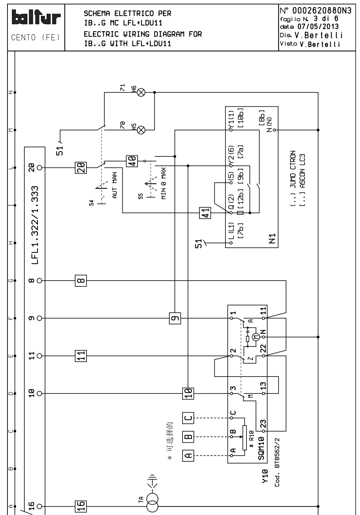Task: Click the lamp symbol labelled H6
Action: coord(142,92)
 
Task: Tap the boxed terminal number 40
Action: coord(131,161)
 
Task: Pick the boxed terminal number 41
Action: coord(205,213)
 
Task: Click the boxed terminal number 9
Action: coord(175,318)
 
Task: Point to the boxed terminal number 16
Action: coord(81,506)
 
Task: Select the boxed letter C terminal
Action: coord(188,418)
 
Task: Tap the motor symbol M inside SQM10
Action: coord(256,337)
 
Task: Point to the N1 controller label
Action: coord(273,239)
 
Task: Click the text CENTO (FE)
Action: coord(36,37)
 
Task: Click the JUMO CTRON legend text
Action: coord(293,169)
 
